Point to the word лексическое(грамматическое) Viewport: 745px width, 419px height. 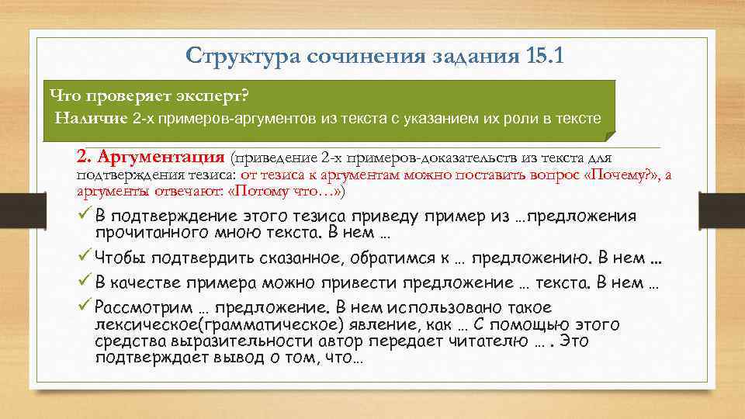click(x=206, y=324)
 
